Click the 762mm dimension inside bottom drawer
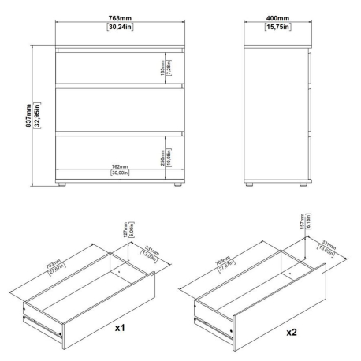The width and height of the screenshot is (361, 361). tap(119, 167)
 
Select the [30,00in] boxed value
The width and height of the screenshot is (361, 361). tap(119, 174)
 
